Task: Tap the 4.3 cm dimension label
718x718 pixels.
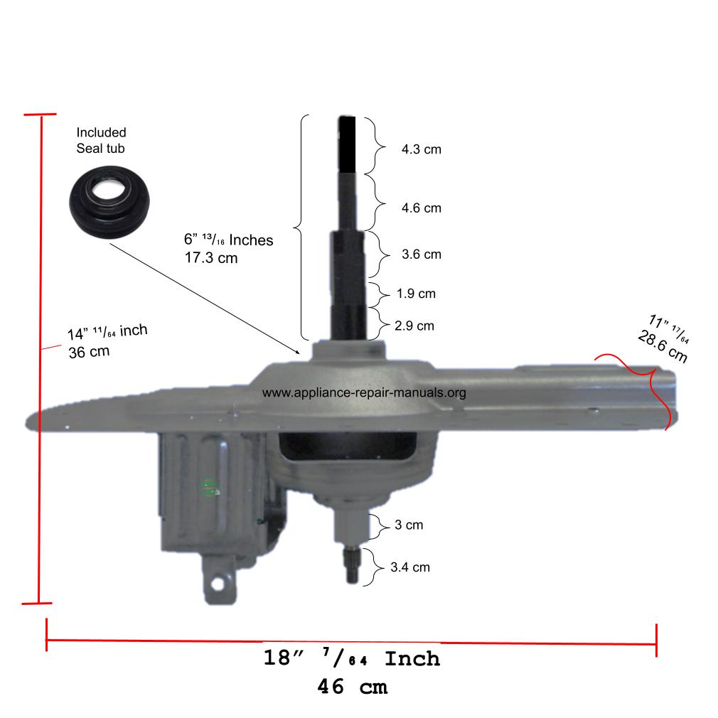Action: click(x=421, y=150)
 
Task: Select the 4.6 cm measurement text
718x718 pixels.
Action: click(x=421, y=208)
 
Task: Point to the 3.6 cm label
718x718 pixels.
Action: click(x=421, y=254)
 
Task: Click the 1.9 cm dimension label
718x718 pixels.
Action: click(x=416, y=293)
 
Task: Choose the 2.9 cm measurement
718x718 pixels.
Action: click(x=414, y=326)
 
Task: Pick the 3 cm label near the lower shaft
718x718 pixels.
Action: click(x=409, y=525)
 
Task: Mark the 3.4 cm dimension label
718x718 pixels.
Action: click(x=410, y=567)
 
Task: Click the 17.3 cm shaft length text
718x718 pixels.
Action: click(x=210, y=258)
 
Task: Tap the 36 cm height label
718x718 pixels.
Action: click(x=89, y=352)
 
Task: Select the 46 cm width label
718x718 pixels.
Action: click(x=353, y=687)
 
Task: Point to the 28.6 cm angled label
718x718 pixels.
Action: click(x=662, y=347)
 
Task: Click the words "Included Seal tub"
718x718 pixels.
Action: click(x=102, y=140)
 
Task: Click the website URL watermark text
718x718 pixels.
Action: click(x=364, y=392)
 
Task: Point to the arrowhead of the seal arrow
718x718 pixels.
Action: click(x=299, y=350)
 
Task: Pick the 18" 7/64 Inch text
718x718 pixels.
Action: click(x=352, y=658)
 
